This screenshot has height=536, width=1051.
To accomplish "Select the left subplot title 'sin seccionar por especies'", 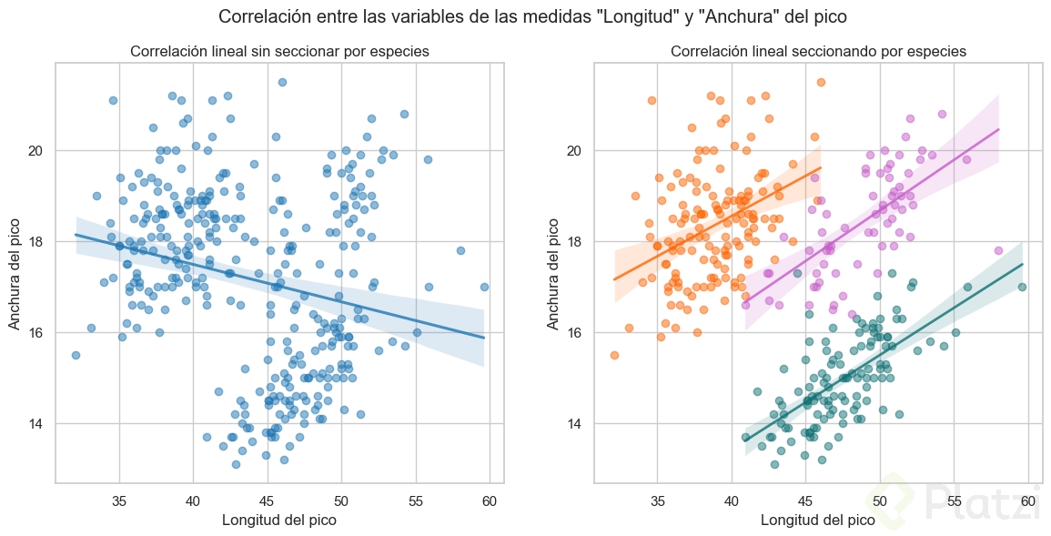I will (x=279, y=51).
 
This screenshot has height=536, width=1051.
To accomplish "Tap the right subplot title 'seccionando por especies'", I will (x=818, y=51).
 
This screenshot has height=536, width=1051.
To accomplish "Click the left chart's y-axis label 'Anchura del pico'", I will (x=15, y=272).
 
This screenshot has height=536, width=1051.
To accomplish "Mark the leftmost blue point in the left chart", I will (x=76, y=355).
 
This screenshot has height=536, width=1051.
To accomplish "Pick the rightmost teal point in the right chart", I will (x=1022, y=287).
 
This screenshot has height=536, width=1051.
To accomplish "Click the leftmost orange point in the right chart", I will (x=614, y=355).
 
